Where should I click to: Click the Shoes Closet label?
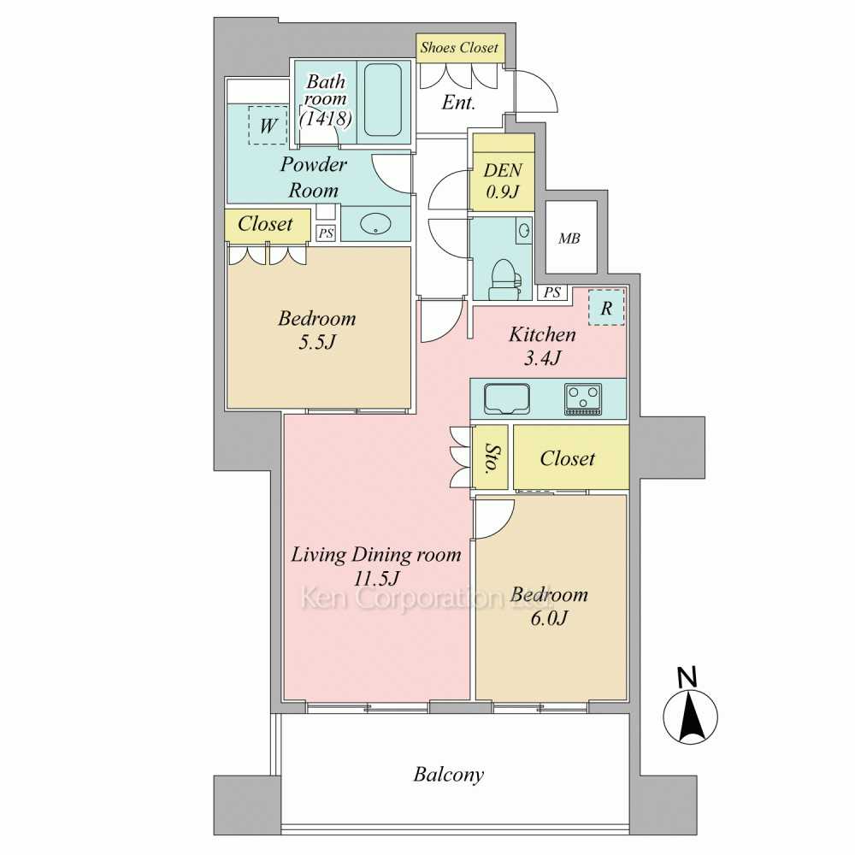pos(459,48)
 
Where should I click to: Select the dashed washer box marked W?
pos(268,126)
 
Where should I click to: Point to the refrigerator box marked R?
pos(606,308)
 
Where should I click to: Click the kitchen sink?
pos(507,398)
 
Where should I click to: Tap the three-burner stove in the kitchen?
pos(583,398)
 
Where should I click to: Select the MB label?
pos(569,239)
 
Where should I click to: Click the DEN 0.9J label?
pos(503,180)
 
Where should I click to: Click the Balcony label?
pos(449,775)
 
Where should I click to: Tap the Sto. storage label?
pos(490,457)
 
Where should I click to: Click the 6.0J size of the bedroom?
pos(550,618)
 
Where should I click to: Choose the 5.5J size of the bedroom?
pos(317,342)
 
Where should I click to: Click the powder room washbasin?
pos(375,223)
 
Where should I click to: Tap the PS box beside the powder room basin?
pos(326,233)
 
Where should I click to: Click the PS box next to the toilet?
pos(552,292)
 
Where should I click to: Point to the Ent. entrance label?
pos(458,103)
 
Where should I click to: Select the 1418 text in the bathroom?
pos(326,118)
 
